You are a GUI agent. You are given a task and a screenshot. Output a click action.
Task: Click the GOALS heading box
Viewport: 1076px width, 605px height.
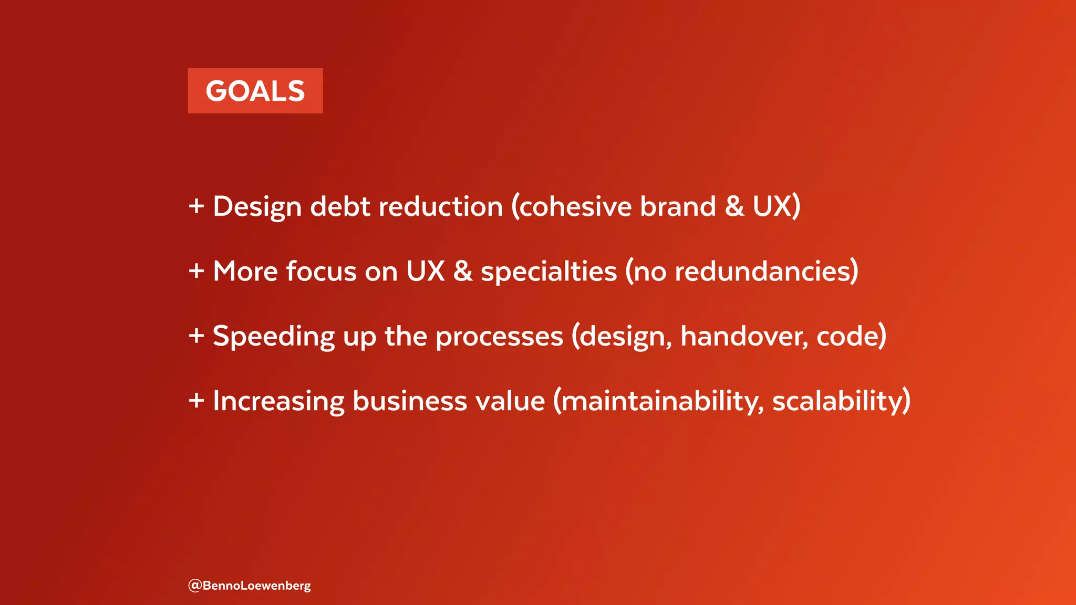(255, 91)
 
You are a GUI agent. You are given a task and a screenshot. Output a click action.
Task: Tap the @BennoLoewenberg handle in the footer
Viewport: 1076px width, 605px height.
(250, 585)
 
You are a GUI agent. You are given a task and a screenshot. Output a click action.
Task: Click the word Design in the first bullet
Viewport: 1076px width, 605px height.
(257, 206)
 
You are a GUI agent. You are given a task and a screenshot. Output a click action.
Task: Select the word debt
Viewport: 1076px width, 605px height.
(340, 206)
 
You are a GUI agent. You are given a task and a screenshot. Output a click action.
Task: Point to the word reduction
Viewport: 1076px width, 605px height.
(441, 206)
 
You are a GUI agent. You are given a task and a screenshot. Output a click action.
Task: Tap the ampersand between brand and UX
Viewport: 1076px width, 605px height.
(734, 206)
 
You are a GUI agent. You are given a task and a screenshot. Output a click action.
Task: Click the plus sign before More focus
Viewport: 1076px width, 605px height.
(196, 271)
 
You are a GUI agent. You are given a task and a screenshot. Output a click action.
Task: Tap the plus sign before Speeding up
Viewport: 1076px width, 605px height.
(196, 336)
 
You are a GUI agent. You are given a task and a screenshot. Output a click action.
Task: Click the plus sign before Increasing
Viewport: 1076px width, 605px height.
(196, 401)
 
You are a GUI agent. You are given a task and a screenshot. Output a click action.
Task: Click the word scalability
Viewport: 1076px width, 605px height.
(837, 401)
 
